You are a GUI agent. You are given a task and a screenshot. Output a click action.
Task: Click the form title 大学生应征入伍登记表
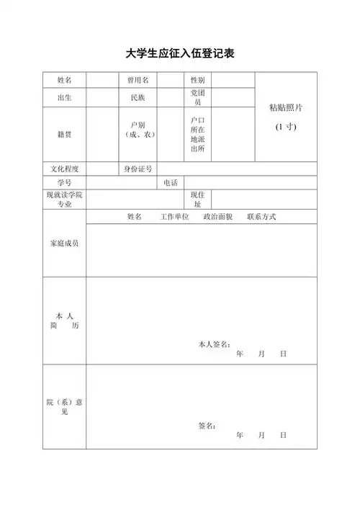point(180,54)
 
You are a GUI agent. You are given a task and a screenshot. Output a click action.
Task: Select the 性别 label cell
point(197,80)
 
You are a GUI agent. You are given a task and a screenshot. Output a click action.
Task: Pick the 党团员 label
point(197,98)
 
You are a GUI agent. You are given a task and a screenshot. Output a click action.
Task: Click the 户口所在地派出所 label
point(197,135)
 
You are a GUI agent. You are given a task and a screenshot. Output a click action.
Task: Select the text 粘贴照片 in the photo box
point(285,107)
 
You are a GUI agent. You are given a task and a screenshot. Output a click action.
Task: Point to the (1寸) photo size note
point(285,127)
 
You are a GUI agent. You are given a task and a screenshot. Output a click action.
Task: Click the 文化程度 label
point(63,169)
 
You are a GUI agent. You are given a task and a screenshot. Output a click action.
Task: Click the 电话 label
point(171,183)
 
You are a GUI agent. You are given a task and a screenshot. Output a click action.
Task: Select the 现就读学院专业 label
point(63,200)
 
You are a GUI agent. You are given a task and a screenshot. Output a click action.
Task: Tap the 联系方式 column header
point(261,217)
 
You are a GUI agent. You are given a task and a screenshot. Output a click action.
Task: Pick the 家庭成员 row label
point(63,243)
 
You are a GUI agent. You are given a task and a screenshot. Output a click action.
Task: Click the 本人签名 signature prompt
point(214,344)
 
